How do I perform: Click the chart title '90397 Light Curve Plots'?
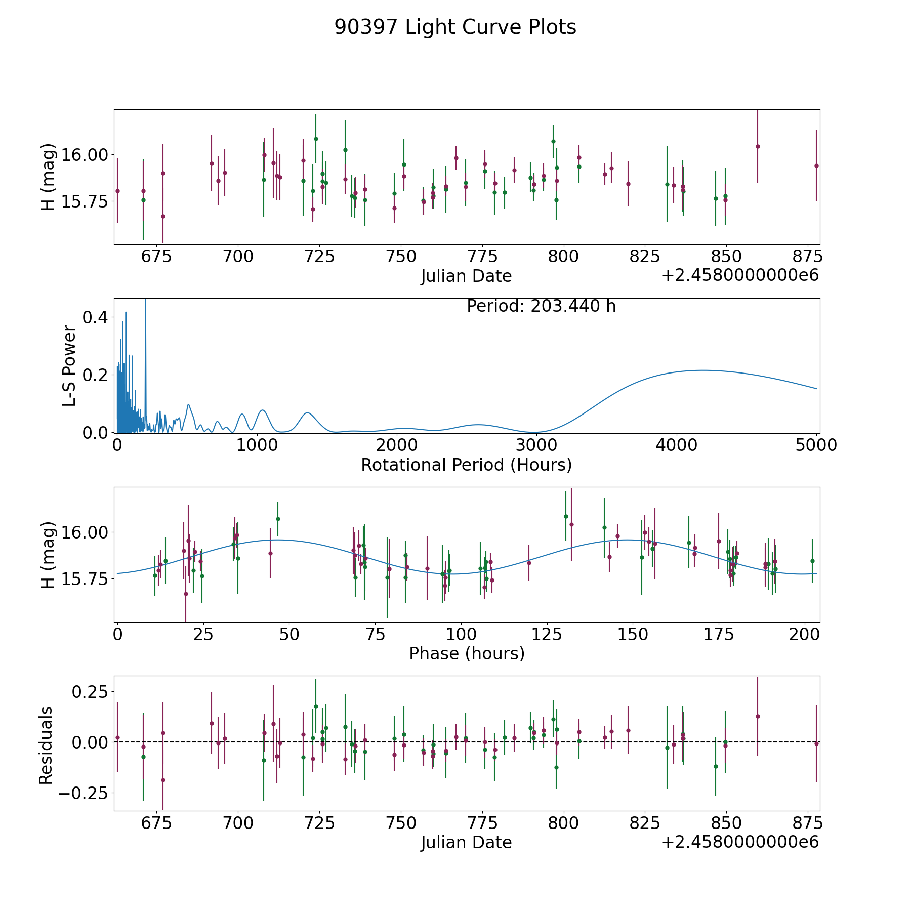(x=455, y=27)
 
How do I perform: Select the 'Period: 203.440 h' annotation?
(x=541, y=306)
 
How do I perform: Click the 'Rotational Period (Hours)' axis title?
(x=466, y=465)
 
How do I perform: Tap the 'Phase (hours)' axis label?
(x=467, y=653)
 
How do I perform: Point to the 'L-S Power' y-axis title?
(x=69, y=366)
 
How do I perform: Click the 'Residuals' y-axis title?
(x=46, y=745)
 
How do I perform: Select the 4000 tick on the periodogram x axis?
(x=677, y=445)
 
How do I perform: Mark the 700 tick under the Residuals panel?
(x=238, y=823)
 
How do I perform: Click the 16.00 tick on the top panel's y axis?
(x=85, y=155)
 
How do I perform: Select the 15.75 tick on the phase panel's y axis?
(x=85, y=579)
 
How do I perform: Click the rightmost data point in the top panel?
(x=816, y=165)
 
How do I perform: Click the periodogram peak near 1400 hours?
(x=308, y=413)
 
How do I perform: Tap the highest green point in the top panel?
(x=316, y=139)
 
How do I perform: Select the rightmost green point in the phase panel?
(x=812, y=561)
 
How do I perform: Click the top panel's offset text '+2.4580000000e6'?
(x=740, y=275)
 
